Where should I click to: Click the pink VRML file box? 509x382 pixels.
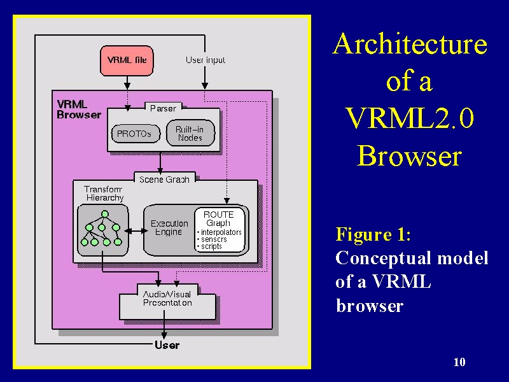pos(127,60)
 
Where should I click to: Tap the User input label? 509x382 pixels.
pos(206,60)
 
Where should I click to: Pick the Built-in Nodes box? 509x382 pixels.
pos(190,133)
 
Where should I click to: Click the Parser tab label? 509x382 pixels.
pos(163,108)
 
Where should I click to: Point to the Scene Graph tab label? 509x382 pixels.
pos(164,180)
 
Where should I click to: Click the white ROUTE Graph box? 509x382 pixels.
pos(220,230)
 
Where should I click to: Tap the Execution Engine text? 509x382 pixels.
pos(169,228)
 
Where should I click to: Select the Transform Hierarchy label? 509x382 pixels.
pos(104,194)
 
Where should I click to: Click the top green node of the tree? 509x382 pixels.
pos(104,214)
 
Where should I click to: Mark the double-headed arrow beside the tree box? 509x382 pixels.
pos(136,231)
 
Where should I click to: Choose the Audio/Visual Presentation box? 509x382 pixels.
pos(167,302)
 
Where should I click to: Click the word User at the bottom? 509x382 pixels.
pos(167,345)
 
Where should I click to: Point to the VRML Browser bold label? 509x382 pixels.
pos(79,110)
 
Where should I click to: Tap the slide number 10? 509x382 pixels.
pos(459,362)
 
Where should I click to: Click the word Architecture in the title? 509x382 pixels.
pos(410,44)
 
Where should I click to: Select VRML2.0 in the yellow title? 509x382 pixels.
pos(409,118)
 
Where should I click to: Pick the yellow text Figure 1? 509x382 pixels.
pos(373,234)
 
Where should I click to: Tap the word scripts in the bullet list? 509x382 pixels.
pos(211,246)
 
